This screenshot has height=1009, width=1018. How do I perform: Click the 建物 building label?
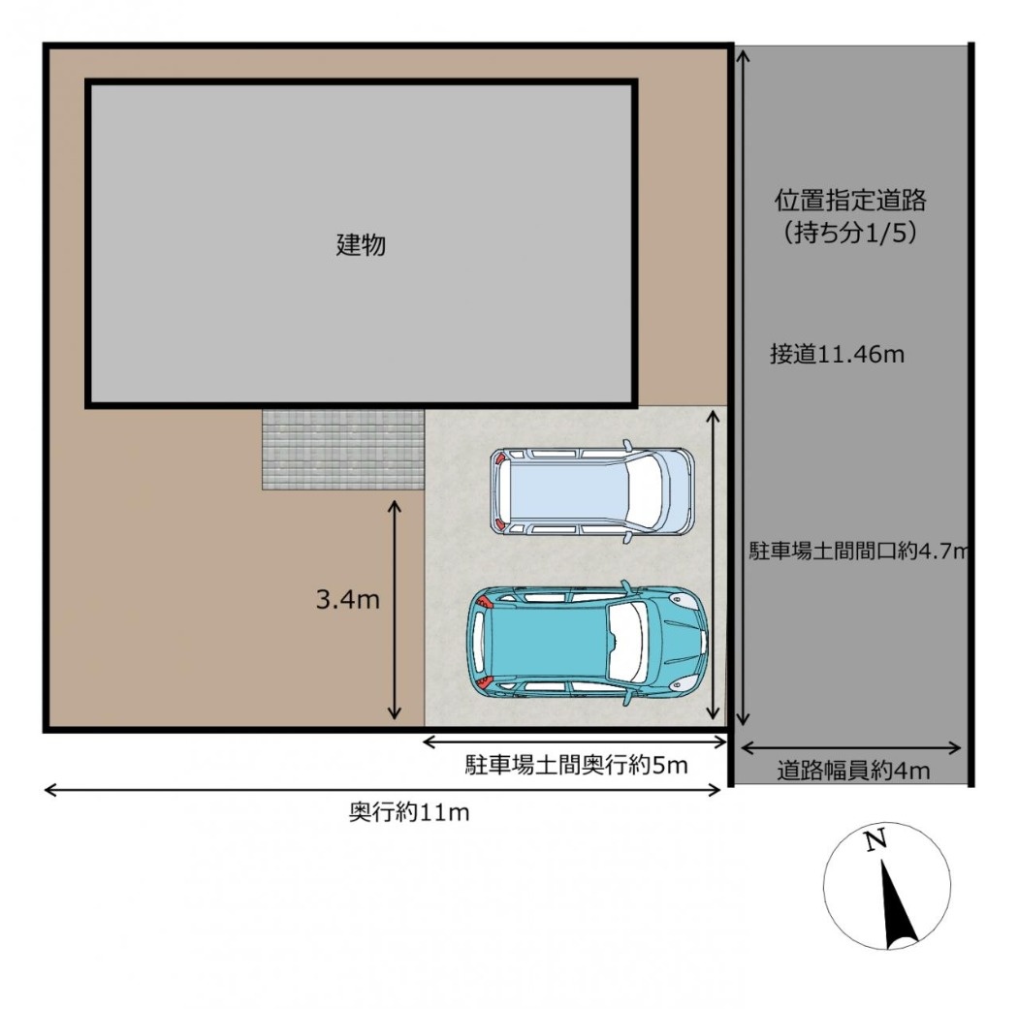[361, 244]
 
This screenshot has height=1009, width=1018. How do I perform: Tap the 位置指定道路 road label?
[850, 200]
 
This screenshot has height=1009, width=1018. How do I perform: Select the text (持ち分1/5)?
[850, 233]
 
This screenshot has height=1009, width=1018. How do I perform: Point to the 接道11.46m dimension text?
[837, 355]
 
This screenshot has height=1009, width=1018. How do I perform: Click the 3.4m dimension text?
[347, 600]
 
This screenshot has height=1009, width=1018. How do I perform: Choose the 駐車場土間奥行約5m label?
[576, 766]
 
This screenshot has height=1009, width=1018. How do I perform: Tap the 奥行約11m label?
[409, 812]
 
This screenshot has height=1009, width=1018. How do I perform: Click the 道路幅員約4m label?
[853, 771]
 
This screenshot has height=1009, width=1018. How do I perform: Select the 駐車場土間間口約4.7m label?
[858, 551]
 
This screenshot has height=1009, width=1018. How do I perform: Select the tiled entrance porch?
[343, 449]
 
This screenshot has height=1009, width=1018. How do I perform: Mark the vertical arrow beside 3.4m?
[394, 610]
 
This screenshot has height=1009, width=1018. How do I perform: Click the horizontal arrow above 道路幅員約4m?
[850, 748]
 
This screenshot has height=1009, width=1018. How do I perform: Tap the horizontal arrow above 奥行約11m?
[382, 790]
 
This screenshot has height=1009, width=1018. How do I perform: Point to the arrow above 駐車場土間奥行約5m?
[575, 741]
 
